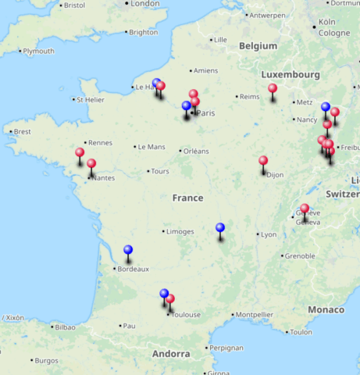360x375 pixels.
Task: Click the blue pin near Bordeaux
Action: tap(128, 251)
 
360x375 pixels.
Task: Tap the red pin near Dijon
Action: tap(263, 162)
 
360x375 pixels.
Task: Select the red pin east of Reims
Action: tap(273, 89)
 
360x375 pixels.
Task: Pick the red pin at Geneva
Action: tap(305, 209)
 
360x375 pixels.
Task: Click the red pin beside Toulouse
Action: tap(170, 299)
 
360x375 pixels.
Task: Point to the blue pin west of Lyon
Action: tap(220, 228)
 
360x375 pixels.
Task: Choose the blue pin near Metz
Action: tap(326, 108)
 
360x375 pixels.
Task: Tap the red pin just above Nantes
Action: tap(91, 164)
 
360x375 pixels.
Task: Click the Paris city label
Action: tap(205, 113)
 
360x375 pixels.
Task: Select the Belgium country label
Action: tap(258, 46)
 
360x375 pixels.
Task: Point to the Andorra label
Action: tap(171, 354)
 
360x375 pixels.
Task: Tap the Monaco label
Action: tap(325, 310)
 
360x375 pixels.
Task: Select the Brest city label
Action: tap(22, 132)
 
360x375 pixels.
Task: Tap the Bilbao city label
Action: tap(66, 327)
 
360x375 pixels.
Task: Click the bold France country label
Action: tap(187, 198)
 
